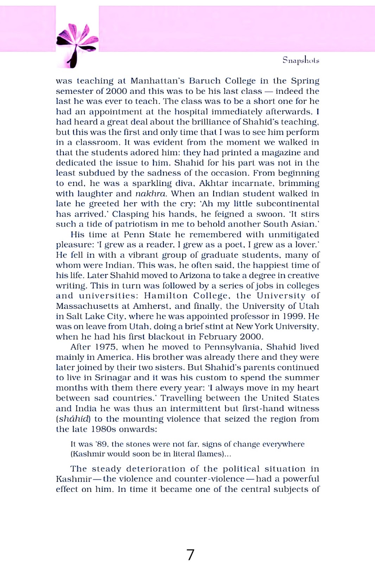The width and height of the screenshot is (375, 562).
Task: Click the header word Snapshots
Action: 301,60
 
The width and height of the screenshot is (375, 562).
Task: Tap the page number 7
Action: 190,555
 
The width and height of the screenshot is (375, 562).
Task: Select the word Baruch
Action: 204,81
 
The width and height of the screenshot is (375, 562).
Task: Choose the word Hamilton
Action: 165,296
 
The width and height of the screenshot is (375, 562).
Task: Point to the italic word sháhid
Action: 73,419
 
